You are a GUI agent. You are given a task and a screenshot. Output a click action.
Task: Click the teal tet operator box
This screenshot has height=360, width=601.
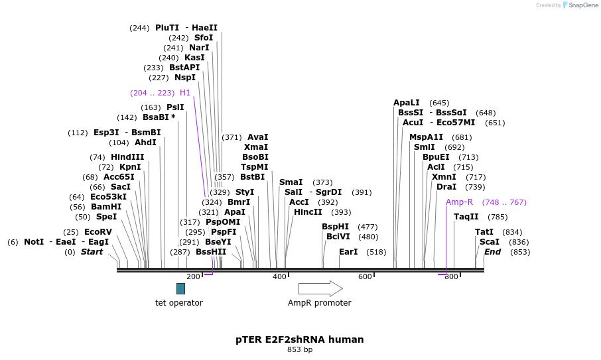pyautogui.click(x=180, y=288)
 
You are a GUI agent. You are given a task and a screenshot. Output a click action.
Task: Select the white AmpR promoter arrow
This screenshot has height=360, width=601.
pyautogui.click(x=320, y=288)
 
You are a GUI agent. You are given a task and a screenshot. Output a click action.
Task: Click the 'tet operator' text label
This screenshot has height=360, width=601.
pyautogui.click(x=179, y=303)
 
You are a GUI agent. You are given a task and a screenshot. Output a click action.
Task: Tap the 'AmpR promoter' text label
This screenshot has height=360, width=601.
pyautogui.click(x=319, y=303)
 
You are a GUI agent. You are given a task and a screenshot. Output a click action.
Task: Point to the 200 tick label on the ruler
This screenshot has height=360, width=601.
pyautogui.click(x=193, y=276)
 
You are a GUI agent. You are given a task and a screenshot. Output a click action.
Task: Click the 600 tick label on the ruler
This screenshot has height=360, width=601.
pyautogui.click(x=365, y=276)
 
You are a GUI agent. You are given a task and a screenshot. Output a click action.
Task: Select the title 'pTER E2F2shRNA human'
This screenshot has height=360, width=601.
pyautogui.click(x=300, y=339)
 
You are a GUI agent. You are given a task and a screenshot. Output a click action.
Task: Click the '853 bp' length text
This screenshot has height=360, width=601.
pyautogui.click(x=300, y=349)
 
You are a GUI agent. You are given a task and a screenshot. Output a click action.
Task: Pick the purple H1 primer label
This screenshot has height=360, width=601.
pyautogui.click(x=185, y=93)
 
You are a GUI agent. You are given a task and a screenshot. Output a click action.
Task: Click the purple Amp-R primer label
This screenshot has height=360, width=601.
pyautogui.click(x=459, y=202)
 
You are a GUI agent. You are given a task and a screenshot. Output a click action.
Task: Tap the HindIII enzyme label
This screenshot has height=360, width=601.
pyautogui.click(x=127, y=157)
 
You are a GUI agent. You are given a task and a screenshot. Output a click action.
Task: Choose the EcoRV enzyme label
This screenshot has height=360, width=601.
pyautogui.click(x=98, y=232)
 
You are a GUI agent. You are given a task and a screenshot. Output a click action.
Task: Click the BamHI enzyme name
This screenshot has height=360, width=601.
pyautogui.click(x=106, y=207)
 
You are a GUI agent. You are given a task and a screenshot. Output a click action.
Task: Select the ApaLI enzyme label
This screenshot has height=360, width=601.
pyautogui.click(x=407, y=103)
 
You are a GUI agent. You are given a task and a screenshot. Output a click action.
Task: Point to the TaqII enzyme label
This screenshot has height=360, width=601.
pyautogui.click(x=466, y=217)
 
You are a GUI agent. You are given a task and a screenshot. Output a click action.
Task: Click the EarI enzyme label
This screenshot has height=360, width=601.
pyautogui.click(x=348, y=252)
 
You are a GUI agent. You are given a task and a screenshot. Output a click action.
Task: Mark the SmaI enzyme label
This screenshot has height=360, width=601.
pyautogui.click(x=291, y=182)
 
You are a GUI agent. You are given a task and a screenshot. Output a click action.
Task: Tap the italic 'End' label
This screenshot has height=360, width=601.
pyautogui.click(x=492, y=252)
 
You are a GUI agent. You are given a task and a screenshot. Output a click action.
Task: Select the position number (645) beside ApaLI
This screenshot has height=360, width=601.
pyautogui.click(x=439, y=103)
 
